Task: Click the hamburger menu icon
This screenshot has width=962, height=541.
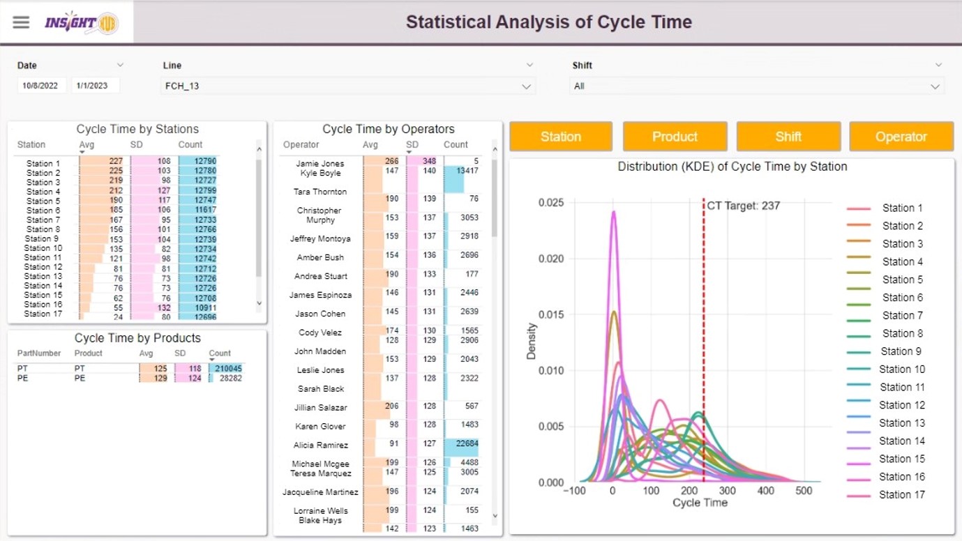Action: pos(21,22)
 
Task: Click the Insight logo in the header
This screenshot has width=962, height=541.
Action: pos(80,22)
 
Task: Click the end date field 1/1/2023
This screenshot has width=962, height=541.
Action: pos(95,86)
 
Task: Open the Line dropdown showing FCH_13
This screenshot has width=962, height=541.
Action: pos(348,86)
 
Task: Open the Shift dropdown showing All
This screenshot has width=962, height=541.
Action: pos(756,86)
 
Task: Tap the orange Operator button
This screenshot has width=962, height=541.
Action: pos(901,137)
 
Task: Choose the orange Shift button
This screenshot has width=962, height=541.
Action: pos(788,137)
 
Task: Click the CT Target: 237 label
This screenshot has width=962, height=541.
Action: pos(743,206)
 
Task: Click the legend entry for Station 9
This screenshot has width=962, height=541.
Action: pos(901,351)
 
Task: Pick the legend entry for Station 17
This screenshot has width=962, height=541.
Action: pos(901,495)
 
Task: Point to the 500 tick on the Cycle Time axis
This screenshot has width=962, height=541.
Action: pos(804,491)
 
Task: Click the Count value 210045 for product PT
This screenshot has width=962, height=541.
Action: pos(227,368)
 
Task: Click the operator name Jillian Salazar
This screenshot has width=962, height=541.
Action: pos(321,407)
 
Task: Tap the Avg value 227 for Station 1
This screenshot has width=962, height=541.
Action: pos(116,161)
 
